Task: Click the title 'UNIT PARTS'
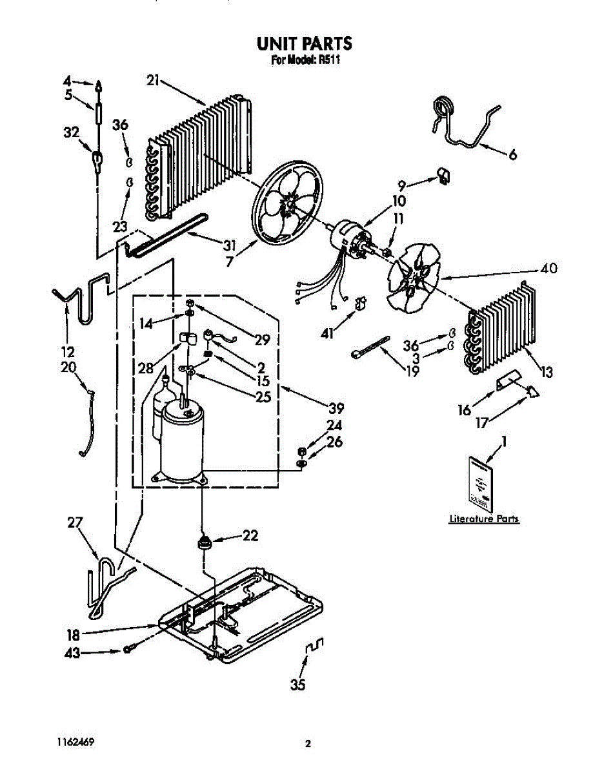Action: (305, 44)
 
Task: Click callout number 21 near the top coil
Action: (152, 81)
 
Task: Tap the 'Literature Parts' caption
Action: (484, 519)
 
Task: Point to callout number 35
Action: (297, 686)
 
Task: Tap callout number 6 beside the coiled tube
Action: (512, 155)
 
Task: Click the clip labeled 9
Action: (445, 174)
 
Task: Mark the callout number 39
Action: (336, 408)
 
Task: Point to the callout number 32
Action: (71, 132)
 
